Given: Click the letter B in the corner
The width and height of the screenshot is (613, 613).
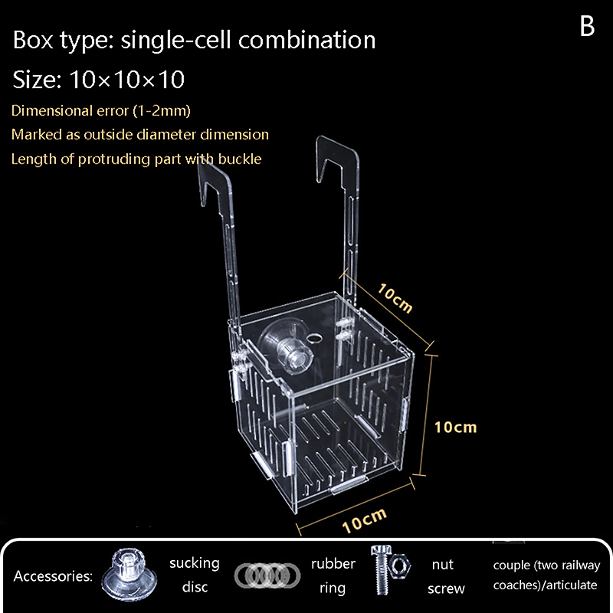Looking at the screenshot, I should tap(587, 26).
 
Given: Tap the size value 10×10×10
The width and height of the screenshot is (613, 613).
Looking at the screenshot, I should tap(126, 79).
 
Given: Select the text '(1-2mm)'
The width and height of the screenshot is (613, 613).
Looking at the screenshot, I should tap(162, 110).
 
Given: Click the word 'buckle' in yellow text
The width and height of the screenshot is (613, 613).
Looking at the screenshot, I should tap(241, 159).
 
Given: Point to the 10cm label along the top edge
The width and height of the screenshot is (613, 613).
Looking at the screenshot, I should tap(395, 298).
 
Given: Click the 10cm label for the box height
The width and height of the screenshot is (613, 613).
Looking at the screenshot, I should tap(455, 427).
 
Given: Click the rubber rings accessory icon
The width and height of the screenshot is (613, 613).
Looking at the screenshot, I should tap(267, 575).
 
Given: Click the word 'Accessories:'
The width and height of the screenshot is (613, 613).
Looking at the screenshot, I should tap(53, 575).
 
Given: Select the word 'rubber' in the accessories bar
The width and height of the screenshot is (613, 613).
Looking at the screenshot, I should tap(333, 563).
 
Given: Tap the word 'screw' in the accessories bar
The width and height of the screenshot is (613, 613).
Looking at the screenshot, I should tap(446, 588).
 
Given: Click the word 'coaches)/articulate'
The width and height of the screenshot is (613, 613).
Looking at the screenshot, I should tap(546, 585).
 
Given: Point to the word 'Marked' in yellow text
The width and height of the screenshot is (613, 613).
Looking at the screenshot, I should tap(34, 134).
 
